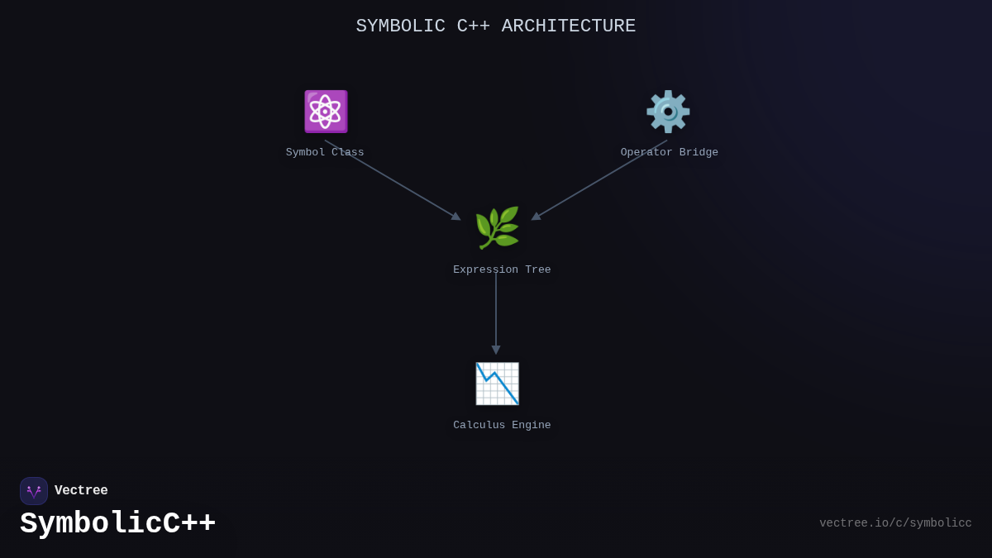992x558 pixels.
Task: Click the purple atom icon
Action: tap(326, 112)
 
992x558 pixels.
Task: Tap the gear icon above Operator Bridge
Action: tap(668, 112)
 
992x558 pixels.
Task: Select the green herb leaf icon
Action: tap(497, 228)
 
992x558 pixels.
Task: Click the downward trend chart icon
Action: tap(497, 384)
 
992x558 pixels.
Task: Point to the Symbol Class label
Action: tap(325, 153)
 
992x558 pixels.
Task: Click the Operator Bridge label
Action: tap(670, 153)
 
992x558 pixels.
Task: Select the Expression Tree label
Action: tap(502, 270)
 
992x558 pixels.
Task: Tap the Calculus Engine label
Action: tap(502, 426)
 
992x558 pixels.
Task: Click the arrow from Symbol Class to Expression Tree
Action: tap(393, 180)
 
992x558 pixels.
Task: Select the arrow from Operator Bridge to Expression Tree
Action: tap(599, 180)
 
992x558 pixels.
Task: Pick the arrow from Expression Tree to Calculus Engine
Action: tap(496, 314)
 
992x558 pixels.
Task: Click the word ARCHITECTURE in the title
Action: tap(569, 26)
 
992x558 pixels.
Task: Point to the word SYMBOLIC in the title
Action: tap(401, 26)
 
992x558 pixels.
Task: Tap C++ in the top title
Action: tap(474, 26)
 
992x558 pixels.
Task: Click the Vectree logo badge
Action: tap(34, 491)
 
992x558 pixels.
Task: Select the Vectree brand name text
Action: tap(81, 491)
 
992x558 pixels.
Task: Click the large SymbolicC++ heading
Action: tap(117, 524)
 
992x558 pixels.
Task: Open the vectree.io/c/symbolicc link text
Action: tap(895, 523)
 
